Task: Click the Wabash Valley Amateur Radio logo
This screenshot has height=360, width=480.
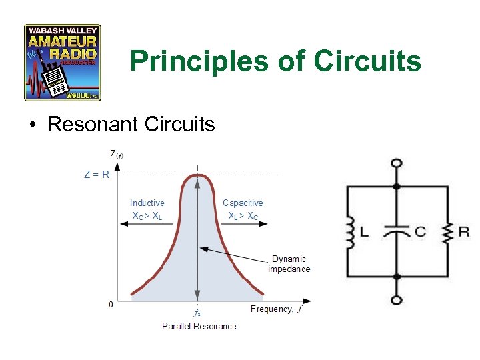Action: point(62,62)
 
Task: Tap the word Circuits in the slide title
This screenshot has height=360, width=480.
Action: point(368,61)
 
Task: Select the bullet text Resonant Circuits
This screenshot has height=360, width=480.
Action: point(131,124)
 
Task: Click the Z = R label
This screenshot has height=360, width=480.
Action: point(97,175)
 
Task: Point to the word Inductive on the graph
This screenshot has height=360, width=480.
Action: point(147,203)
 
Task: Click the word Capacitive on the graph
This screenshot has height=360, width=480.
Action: point(243,203)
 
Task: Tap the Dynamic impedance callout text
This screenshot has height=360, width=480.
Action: point(289,264)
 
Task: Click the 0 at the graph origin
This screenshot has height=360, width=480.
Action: point(111,304)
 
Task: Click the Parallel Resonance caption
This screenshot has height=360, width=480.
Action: point(199,326)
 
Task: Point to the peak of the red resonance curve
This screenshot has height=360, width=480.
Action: point(197,175)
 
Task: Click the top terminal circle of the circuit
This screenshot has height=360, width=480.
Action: point(397,163)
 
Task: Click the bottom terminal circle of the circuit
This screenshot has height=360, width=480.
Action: point(397,299)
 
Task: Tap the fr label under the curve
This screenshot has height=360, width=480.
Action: point(197,311)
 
